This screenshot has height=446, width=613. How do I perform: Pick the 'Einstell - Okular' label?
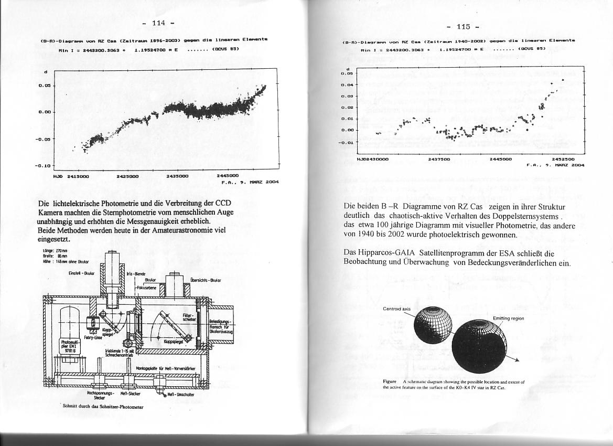click(82, 273)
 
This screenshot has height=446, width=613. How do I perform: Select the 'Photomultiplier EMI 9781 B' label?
click(69, 346)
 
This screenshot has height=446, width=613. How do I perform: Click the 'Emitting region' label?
click(508, 318)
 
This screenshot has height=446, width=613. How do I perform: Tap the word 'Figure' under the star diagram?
click(390, 381)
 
